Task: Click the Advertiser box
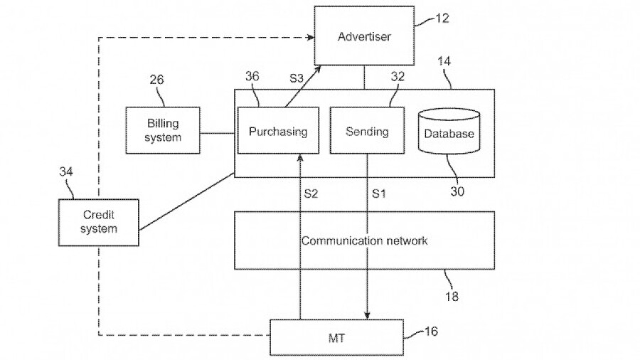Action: click(364, 36)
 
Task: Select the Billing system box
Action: click(163, 131)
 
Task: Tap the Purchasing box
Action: click(278, 131)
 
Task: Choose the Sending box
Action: click(367, 131)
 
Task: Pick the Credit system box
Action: click(99, 221)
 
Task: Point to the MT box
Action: click(337, 337)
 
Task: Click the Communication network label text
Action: click(364, 240)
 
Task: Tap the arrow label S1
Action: click(379, 194)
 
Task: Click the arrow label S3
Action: click(297, 77)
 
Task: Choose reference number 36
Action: click(252, 76)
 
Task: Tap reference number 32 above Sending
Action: click(398, 76)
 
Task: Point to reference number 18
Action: click(452, 295)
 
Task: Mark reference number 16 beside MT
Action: click(431, 332)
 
